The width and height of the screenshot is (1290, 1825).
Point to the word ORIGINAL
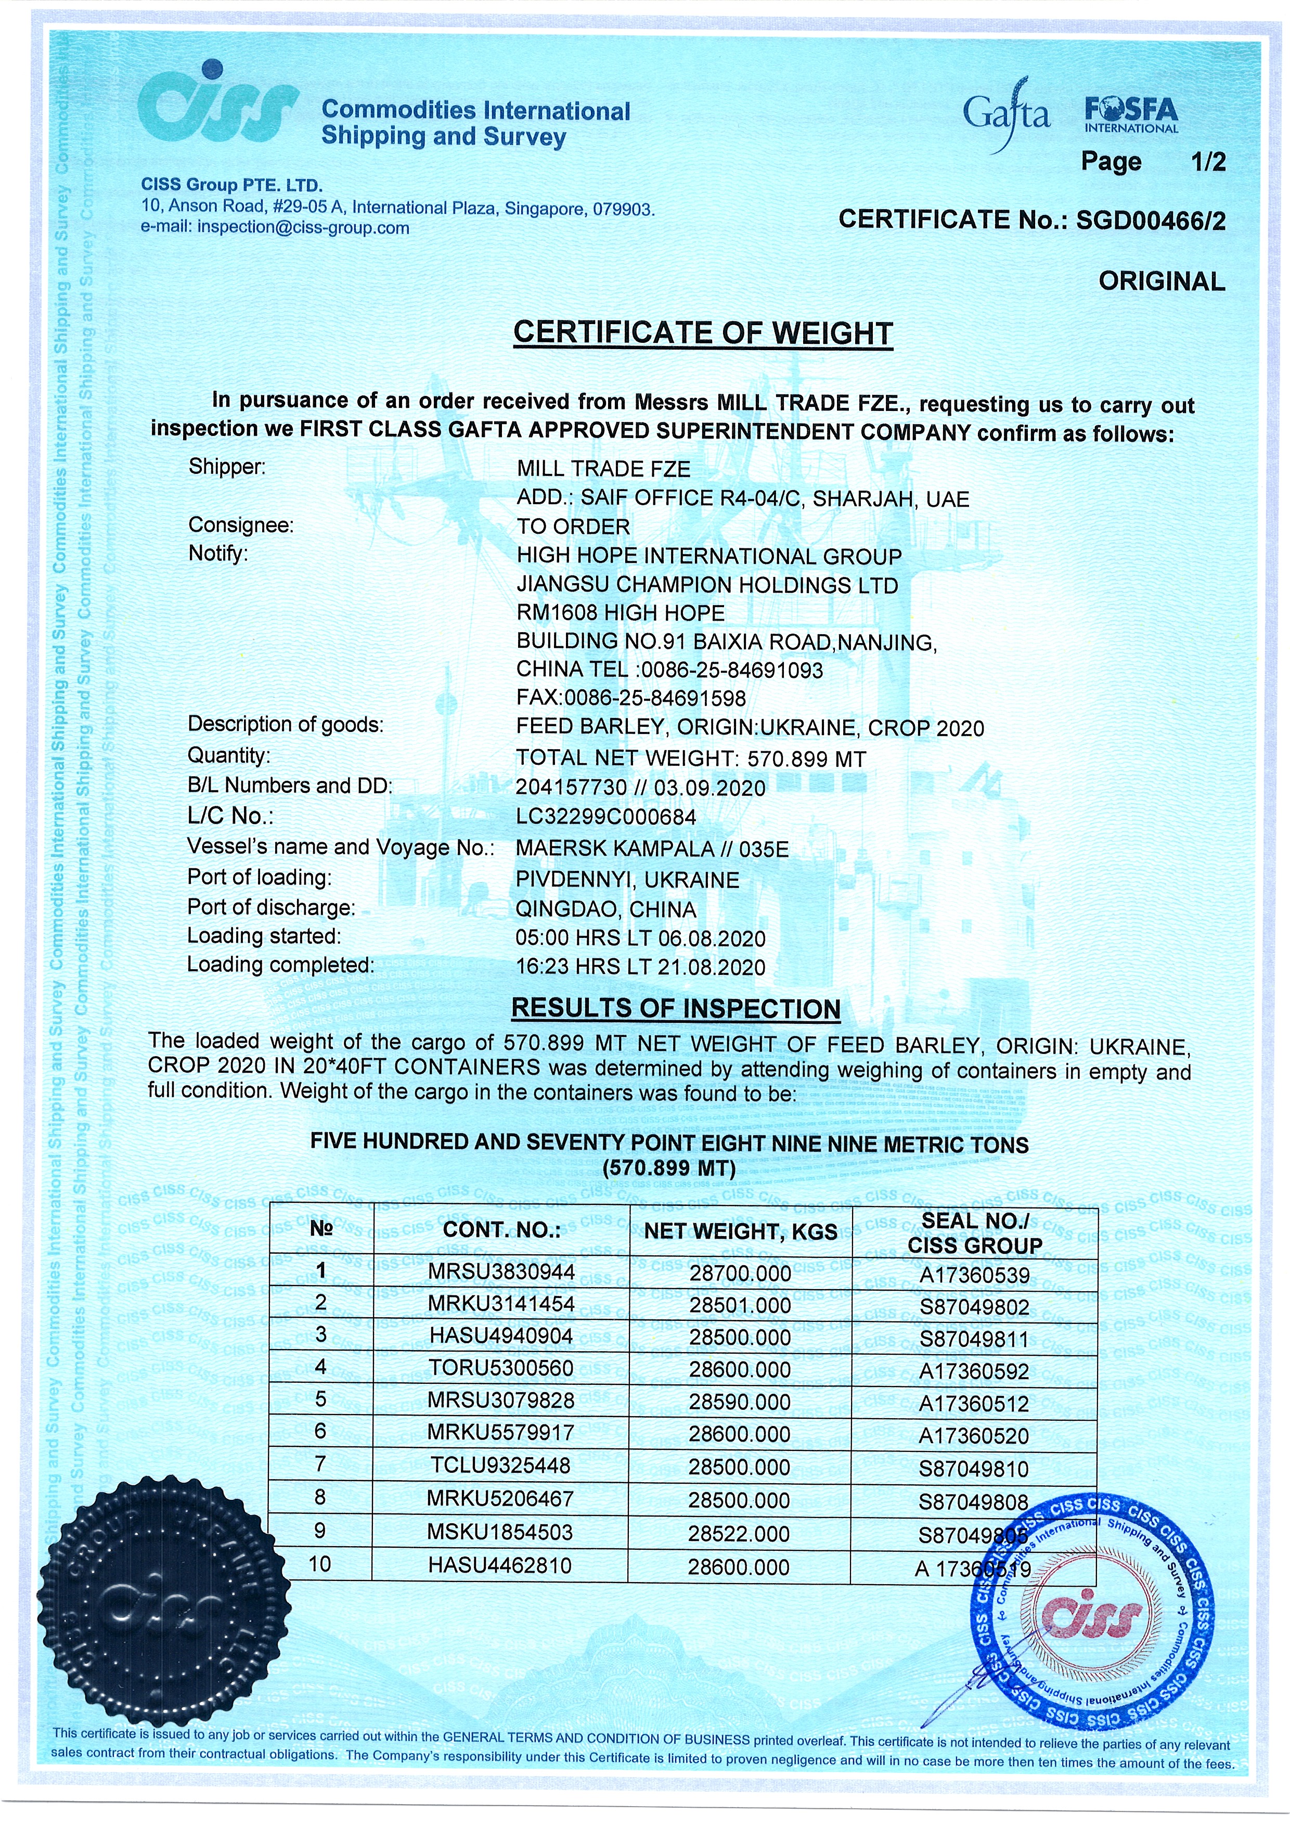(x=1161, y=281)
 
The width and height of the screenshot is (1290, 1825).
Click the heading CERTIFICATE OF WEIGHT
(x=703, y=333)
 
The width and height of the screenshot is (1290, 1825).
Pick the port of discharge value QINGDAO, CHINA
(x=605, y=908)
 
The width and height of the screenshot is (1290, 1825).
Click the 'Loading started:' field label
(x=264, y=936)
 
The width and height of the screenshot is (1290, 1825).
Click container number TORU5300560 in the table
(x=501, y=1368)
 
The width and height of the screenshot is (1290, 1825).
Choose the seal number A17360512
(x=974, y=1404)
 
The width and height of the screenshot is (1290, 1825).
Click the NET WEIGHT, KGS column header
(x=740, y=1231)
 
